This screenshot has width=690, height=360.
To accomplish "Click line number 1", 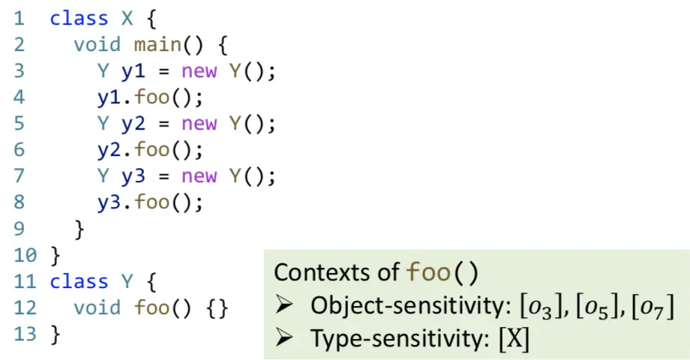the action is [x=18, y=19].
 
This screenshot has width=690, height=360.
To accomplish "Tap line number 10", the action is [x=25, y=256].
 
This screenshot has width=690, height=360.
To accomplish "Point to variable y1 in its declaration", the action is [x=133, y=71].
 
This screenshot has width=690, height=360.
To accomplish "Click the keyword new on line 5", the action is [x=199, y=124].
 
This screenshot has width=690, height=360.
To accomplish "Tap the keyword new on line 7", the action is [x=199, y=176].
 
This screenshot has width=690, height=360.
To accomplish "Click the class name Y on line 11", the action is [x=127, y=282].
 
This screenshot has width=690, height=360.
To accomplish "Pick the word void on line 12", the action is [x=97, y=308].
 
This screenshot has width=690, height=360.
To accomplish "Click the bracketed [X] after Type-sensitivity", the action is [x=514, y=339].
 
